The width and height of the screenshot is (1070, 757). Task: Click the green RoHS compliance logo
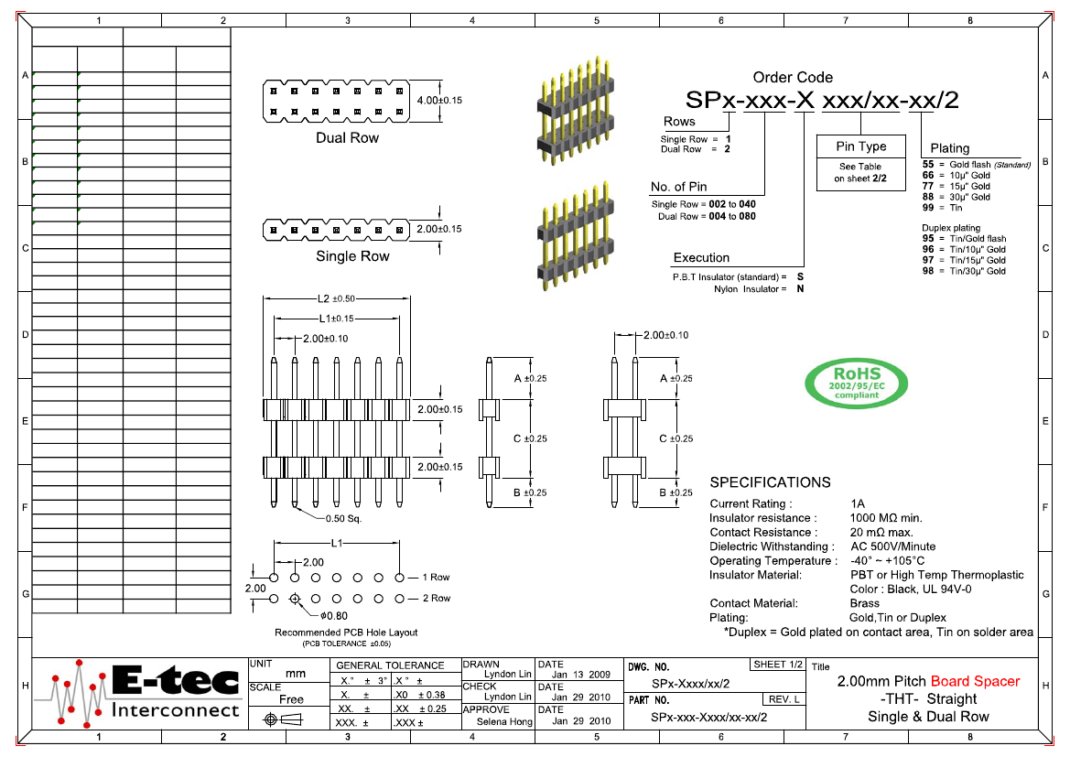856,383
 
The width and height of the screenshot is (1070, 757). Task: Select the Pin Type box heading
860,146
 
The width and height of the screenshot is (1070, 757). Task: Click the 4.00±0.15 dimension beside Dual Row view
438,100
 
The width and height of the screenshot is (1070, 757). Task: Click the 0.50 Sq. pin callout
344,518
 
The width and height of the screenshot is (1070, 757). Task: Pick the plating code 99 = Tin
942,208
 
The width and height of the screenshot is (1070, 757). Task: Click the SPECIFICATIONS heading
770,482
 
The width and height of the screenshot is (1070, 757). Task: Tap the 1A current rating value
858,503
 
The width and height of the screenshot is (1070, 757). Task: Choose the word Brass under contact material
865,603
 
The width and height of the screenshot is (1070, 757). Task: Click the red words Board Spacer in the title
975,681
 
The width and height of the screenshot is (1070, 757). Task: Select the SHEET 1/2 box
777,665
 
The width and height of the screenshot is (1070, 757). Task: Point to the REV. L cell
784,699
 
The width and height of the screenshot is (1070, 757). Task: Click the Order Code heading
793,78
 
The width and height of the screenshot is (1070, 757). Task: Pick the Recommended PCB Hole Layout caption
346,633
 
